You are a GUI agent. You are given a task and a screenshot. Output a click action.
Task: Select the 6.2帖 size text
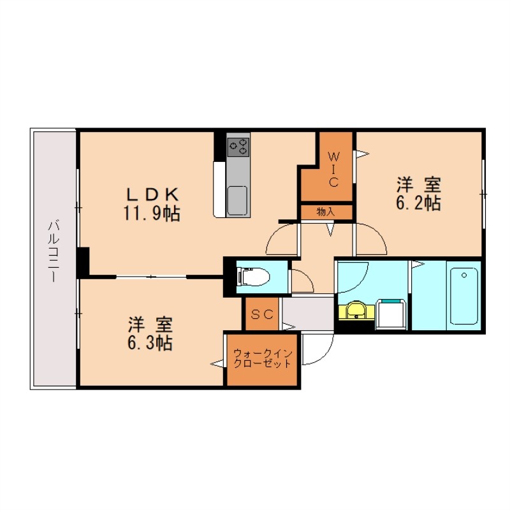point(419,203)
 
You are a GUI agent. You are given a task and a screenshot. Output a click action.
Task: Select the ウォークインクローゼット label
point(262,358)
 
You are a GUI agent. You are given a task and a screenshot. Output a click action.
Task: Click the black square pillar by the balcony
point(82,261)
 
